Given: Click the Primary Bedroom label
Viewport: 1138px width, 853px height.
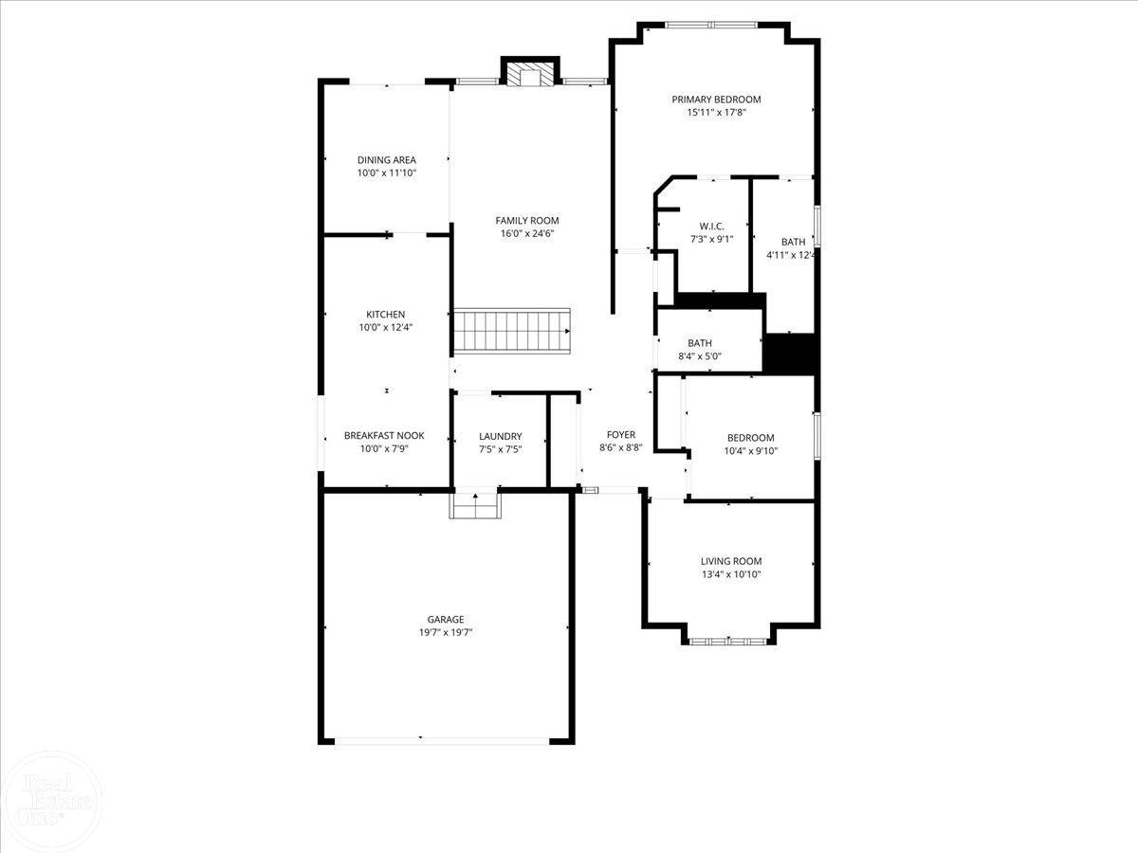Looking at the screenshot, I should [716, 100].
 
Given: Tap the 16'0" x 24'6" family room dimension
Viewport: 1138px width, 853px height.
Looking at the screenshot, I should [527, 233].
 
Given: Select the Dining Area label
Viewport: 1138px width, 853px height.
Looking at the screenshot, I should [386, 160].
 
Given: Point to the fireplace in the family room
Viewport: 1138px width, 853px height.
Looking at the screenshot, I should [526, 74].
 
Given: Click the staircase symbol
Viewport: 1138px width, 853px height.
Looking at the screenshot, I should [511, 331].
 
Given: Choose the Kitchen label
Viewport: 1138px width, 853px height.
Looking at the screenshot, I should [386, 315].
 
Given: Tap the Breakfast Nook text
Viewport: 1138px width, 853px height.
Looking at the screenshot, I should [384, 436].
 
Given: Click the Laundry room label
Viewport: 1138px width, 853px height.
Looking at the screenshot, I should [501, 437].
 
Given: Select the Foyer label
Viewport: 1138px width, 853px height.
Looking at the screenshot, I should [621, 435].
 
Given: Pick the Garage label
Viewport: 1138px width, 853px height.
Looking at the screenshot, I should [446, 620].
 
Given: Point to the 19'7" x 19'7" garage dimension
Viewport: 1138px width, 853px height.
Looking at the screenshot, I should [446, 632].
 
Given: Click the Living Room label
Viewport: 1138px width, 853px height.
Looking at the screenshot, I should [731, 561].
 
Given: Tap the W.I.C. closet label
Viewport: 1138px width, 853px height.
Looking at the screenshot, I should [711, 227].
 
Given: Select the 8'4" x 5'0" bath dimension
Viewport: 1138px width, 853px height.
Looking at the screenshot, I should [700, 355].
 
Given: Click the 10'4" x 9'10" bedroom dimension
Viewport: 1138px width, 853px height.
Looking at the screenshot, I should [751, 450].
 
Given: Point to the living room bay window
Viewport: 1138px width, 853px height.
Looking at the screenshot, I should [728, 642].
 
